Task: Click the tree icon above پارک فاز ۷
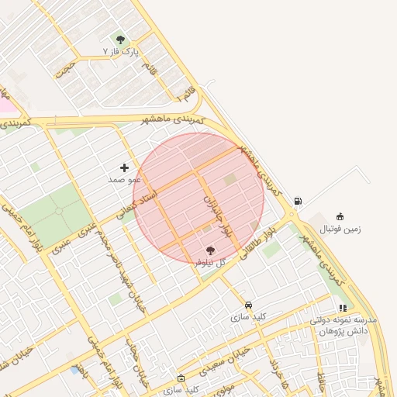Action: point(119,39)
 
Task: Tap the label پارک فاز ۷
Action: point(120,51)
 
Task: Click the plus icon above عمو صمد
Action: point(124,167)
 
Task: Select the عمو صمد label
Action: point(124,179)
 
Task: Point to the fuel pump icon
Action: point(298,202)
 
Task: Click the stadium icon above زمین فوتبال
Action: point(340,216)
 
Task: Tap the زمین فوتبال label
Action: point(340,229)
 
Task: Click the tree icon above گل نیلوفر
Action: point(210,250)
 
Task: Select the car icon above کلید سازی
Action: point(248,306)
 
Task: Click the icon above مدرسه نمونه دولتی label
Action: point(322,308)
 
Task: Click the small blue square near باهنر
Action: point(74,370)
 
